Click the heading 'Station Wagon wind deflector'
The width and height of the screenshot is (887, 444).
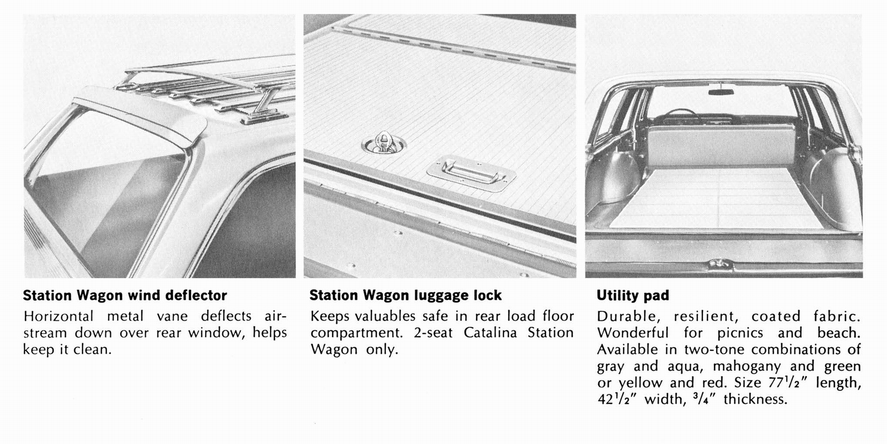tap(125, 295)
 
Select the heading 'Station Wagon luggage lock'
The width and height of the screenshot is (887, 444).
tap(405, 295)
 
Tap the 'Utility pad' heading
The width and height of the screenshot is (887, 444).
tap(633, 295)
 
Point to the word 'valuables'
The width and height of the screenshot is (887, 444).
tap(385, 316)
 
